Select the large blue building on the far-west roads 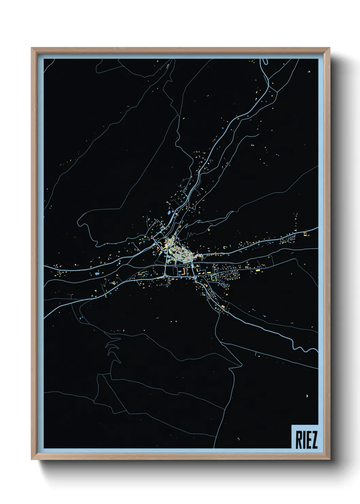point(97,273)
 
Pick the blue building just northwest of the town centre point(169,212)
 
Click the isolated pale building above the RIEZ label point(307,395)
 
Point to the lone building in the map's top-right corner point(309,72)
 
